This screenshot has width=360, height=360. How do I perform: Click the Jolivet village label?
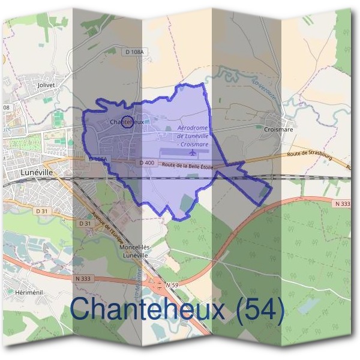click(46, 85)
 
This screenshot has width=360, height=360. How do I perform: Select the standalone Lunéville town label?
click(37, 172)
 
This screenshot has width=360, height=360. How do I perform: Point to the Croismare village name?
click(277, 128)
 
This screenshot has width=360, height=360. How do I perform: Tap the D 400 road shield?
click(146, 163)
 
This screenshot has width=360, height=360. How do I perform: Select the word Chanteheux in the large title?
click(147, 310)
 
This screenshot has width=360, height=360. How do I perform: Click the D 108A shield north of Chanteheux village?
click(136, 53)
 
